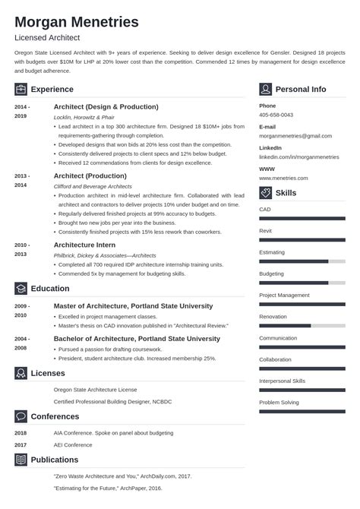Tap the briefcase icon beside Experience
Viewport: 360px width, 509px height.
pos(21,89)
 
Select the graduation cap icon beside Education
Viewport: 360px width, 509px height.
pos(21,289)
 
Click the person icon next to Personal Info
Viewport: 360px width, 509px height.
pos(265,89)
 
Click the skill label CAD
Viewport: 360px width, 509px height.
pos(265,209)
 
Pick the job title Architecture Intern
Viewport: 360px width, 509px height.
pos(86,245)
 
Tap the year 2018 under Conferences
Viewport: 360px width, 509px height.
pos(21,432)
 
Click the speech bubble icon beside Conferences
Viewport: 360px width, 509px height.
pos(21,416)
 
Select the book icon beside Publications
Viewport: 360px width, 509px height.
pos(21,460)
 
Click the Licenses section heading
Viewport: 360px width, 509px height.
pos(47,373)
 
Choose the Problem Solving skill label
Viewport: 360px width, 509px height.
pos(280,402)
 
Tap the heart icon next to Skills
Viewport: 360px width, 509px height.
pos(265,193)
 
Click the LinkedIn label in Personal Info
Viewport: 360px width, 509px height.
pos(270,147)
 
